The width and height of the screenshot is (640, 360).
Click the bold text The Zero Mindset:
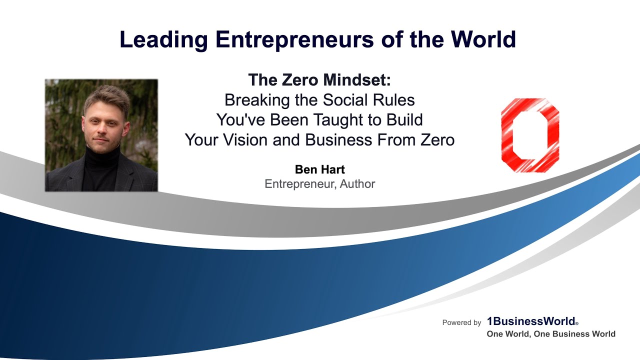(319, 80)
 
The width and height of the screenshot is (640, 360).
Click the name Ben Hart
(319, 170)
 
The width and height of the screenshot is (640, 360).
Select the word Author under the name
(357, 184)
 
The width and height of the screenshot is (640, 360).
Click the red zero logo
(530, 135)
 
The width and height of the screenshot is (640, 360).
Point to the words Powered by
(461, 323)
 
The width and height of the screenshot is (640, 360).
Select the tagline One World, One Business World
(551, 334)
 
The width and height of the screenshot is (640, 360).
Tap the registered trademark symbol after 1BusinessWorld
(576, 324)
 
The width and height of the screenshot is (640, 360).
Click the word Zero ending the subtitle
(435, 140)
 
